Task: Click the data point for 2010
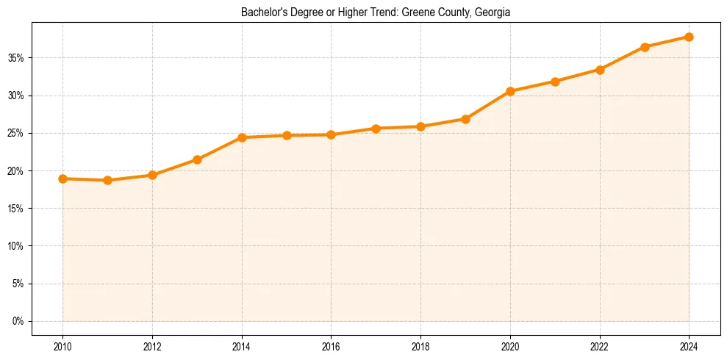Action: pos(63,179)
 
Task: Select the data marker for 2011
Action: pos(108,180)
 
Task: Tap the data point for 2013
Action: pos(197,159)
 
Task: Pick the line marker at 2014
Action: pos(242,137)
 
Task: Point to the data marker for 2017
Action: pos(376,129)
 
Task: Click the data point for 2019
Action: pos(465,119)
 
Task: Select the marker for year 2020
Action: pos(510,91)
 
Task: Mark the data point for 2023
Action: pos(645,47)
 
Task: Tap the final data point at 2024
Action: pos(689,37)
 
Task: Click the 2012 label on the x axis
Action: pos(152,347)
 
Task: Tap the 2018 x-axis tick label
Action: pos(420,347)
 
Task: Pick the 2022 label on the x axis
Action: pos(600,347)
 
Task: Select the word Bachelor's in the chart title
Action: pos(262,12)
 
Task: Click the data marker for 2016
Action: pos(331,134)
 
